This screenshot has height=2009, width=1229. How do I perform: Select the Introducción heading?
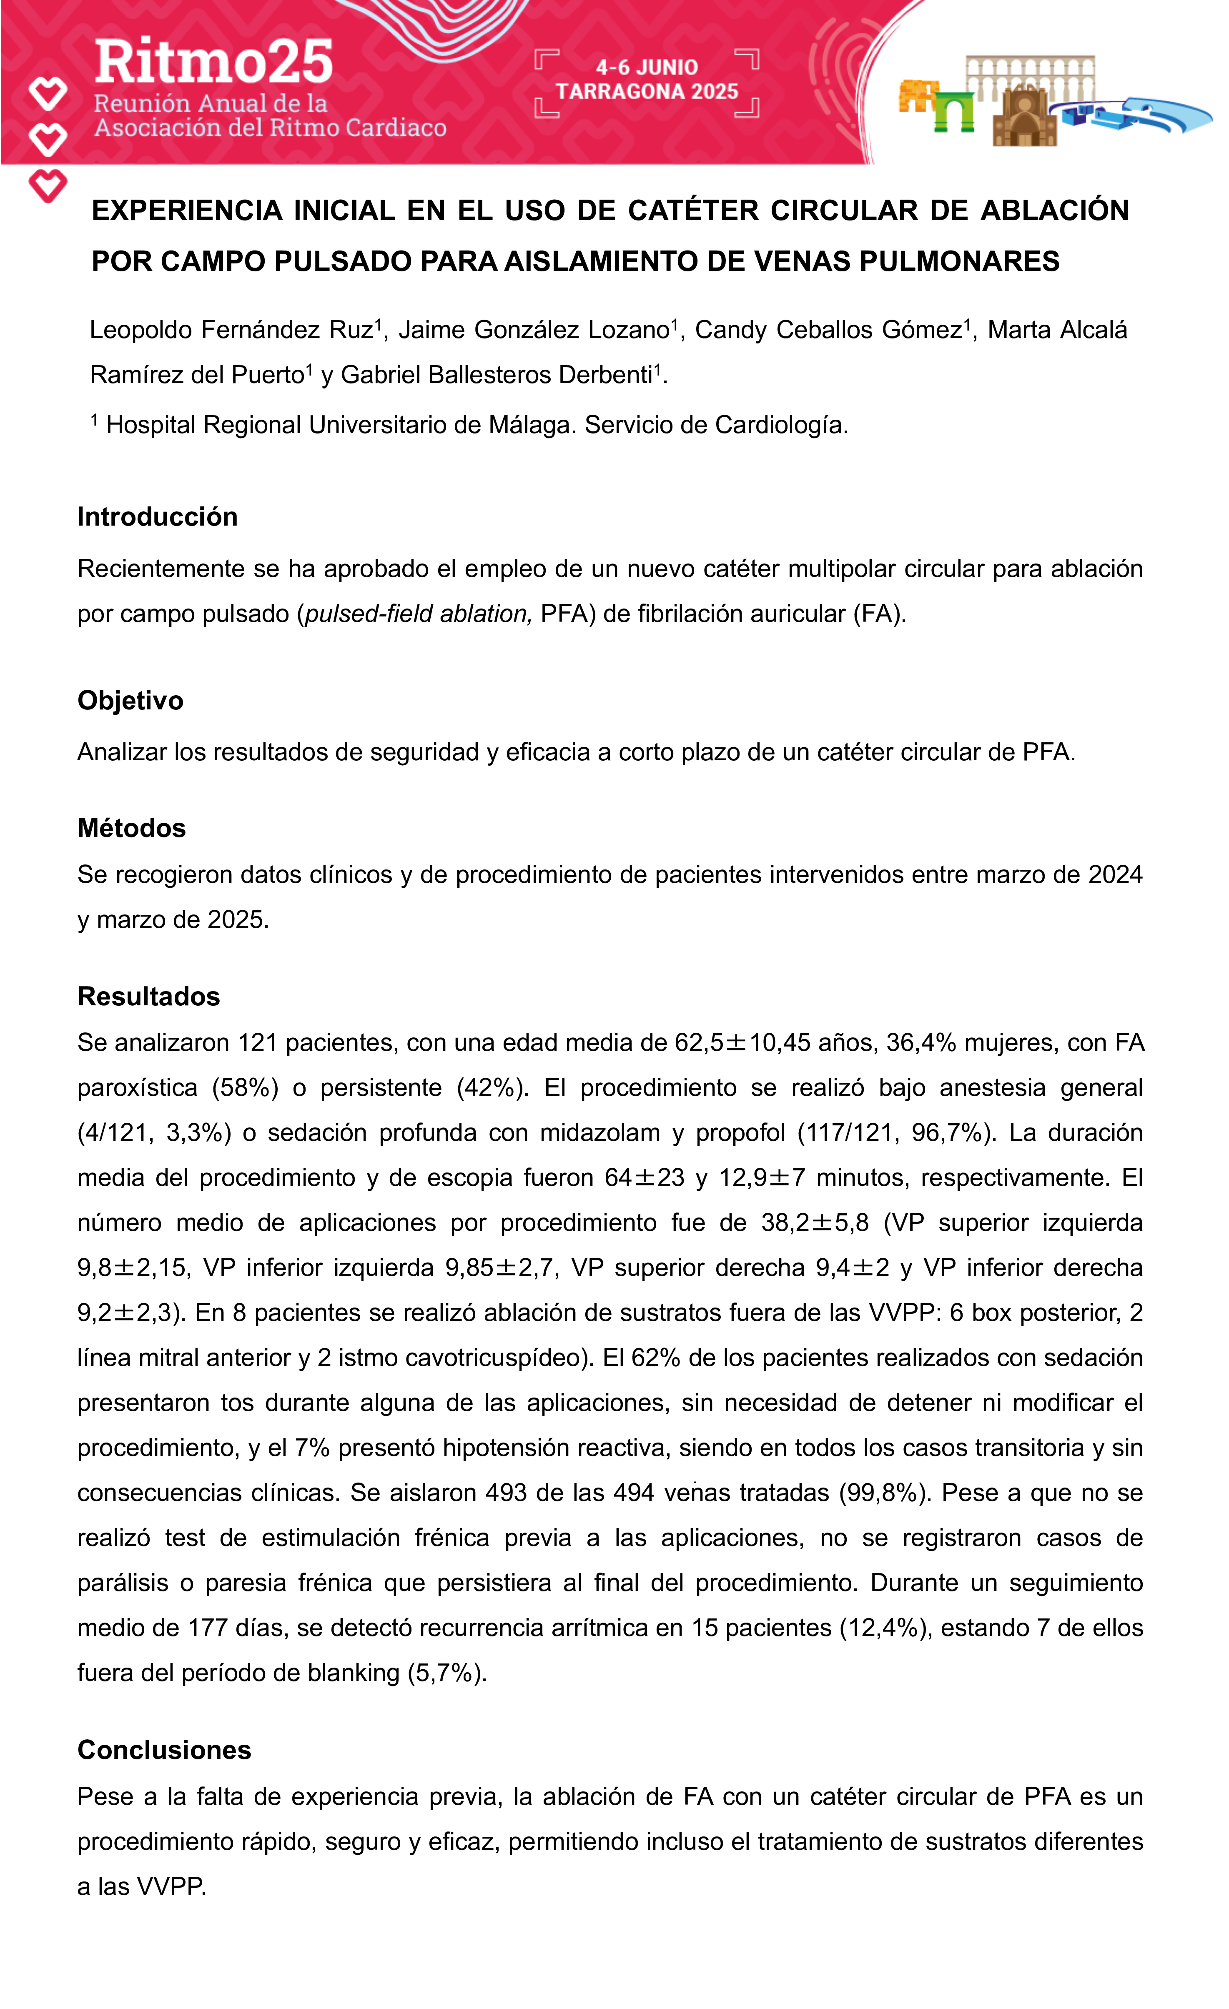pyautogui.click(x=158, y=517)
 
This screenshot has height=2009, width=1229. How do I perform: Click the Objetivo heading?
pyautogui.click(x=130, y=700)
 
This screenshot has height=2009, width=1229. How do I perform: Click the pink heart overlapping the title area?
pyautogui.click(x=48, y=186)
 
